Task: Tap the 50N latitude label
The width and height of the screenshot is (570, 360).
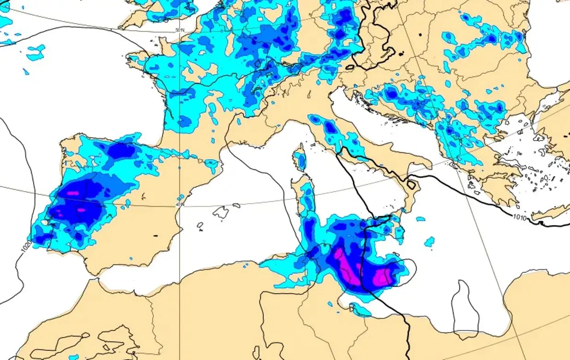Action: (x=180, y=30)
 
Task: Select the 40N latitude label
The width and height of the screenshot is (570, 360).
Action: (x=180, y=204)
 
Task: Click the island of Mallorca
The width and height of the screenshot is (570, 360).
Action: (x=221, y=212)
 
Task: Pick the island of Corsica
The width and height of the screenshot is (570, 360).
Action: (x=300, y=159)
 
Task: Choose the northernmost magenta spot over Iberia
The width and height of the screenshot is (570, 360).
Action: (x=73, y=193)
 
